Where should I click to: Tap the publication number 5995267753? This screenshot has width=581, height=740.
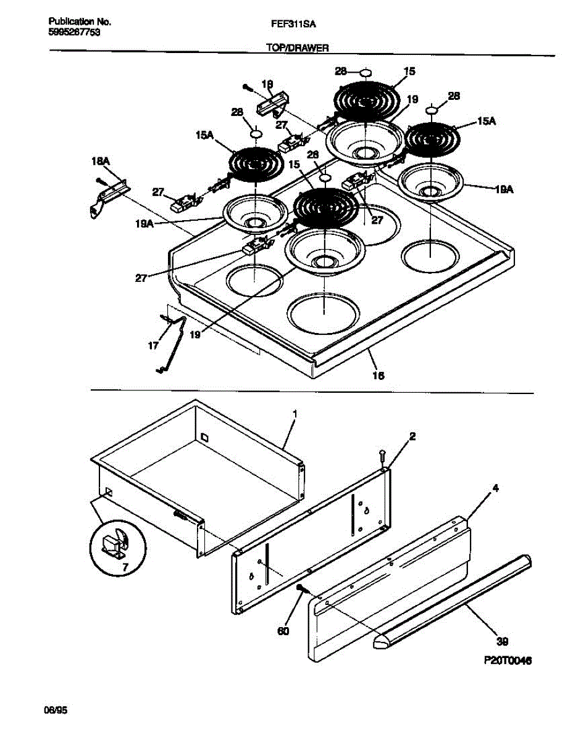74,33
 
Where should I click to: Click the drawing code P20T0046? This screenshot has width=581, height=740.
508,660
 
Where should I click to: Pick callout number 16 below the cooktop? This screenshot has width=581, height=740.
378,375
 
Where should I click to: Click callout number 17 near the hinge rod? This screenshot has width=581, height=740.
154,346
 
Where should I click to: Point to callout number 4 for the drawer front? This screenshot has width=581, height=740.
495,488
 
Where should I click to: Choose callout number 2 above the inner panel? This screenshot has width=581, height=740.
412,436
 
